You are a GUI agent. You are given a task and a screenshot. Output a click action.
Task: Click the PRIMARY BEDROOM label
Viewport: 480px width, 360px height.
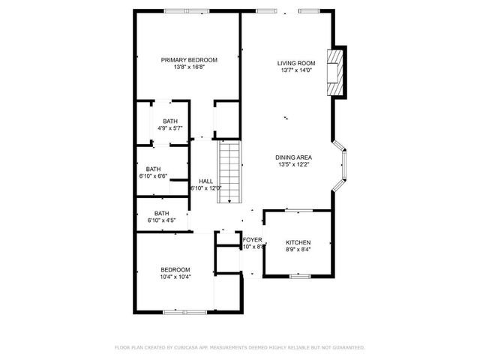[x=189, y=60]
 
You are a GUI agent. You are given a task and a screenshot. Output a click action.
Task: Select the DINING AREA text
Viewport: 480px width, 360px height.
[x=293, y=157]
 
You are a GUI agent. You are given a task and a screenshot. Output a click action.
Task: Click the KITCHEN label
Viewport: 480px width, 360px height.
[x=298, y=242]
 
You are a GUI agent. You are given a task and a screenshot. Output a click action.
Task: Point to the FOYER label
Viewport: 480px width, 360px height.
[x=252, y=240]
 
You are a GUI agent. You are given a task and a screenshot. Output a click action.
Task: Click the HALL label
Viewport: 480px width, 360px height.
[x=205, y=181]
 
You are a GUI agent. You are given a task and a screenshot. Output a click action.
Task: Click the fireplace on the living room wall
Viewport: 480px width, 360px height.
[x=337, y=72]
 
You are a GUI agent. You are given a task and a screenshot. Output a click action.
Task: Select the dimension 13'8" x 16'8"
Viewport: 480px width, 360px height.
[x=189, y=67]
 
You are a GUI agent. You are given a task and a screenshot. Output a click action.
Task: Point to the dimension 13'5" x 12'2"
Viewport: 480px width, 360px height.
[x=293, y=164]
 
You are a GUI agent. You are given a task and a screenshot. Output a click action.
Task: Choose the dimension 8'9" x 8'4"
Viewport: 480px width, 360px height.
[x=298, y=249]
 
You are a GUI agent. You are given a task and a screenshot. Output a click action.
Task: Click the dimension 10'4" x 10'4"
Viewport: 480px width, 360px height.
[x=175, y=277]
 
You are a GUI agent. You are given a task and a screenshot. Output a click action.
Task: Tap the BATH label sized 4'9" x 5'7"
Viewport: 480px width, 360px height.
[x=170, y=121]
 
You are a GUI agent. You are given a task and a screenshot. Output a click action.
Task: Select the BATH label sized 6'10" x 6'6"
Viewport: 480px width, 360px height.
[x=153, y=169]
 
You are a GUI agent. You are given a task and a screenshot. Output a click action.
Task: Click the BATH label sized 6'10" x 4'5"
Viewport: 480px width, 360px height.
[x=161, y=213]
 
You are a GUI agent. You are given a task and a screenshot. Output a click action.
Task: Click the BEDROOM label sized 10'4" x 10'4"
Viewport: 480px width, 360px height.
[x=175, y=270]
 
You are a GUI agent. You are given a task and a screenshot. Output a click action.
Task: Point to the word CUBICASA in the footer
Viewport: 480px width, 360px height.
[x=188, y=347]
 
